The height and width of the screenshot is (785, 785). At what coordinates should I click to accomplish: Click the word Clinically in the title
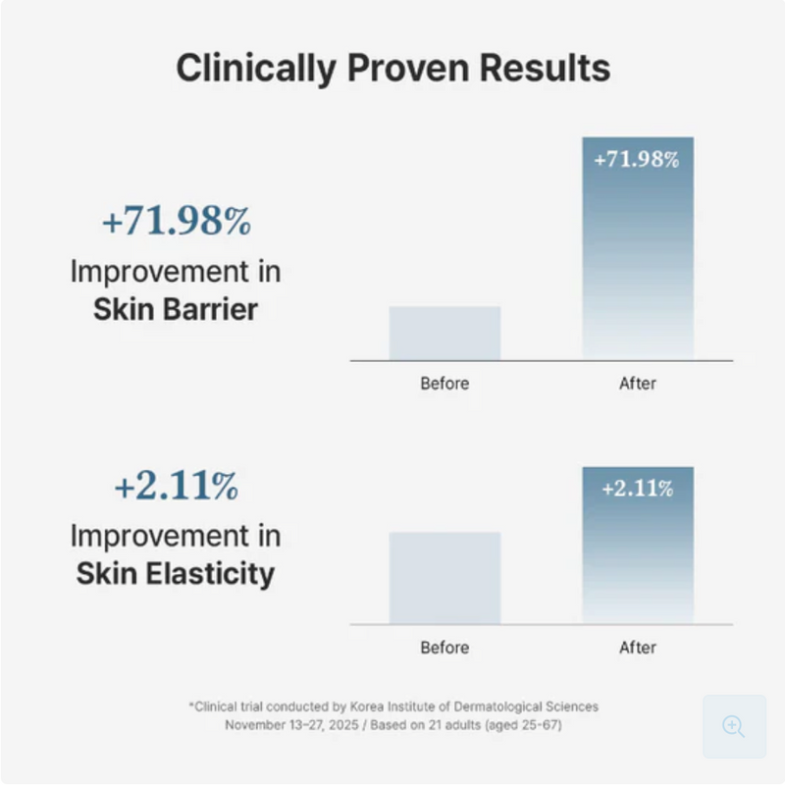(x=256, y=68)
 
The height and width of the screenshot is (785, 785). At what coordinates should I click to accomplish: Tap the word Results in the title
(x=545, y=67)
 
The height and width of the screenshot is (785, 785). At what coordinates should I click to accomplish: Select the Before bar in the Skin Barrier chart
(x=445, y=334)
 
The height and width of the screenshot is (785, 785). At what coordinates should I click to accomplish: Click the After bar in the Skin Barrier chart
(x=638, y=249)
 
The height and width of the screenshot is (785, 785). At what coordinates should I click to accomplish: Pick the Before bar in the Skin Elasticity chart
(x=445, y=578)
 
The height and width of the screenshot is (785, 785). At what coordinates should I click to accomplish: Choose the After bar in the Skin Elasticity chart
(x=638, y=546)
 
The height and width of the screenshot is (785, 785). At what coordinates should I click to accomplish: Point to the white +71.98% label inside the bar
(x=636, y=160)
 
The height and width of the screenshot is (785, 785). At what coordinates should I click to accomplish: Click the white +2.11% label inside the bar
(x=637, y=489)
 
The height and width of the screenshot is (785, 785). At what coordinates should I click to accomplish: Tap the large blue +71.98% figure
(x=177, y=221)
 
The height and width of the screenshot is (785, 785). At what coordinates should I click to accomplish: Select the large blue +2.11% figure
(x=177, y=485)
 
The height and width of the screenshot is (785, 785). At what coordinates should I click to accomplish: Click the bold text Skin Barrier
(x=176, y=309)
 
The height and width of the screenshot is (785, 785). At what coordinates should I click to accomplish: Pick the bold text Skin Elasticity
(x=176, y=574)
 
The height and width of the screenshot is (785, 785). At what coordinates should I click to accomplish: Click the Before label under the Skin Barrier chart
(x=445, y=384)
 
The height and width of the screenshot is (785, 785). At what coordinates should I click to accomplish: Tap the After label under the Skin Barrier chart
(x=637, y=384)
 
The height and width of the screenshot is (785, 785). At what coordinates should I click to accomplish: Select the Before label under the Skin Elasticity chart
(x=445, y=648)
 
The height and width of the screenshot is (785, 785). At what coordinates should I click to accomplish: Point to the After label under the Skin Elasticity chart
(x=637, y=648)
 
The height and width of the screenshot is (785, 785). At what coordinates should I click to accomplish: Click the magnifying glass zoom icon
(x=733, y=726)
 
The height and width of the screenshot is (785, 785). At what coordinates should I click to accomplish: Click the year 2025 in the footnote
(x=343, y=725)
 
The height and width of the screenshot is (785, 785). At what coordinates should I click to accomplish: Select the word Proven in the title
(x=408, y=67)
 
